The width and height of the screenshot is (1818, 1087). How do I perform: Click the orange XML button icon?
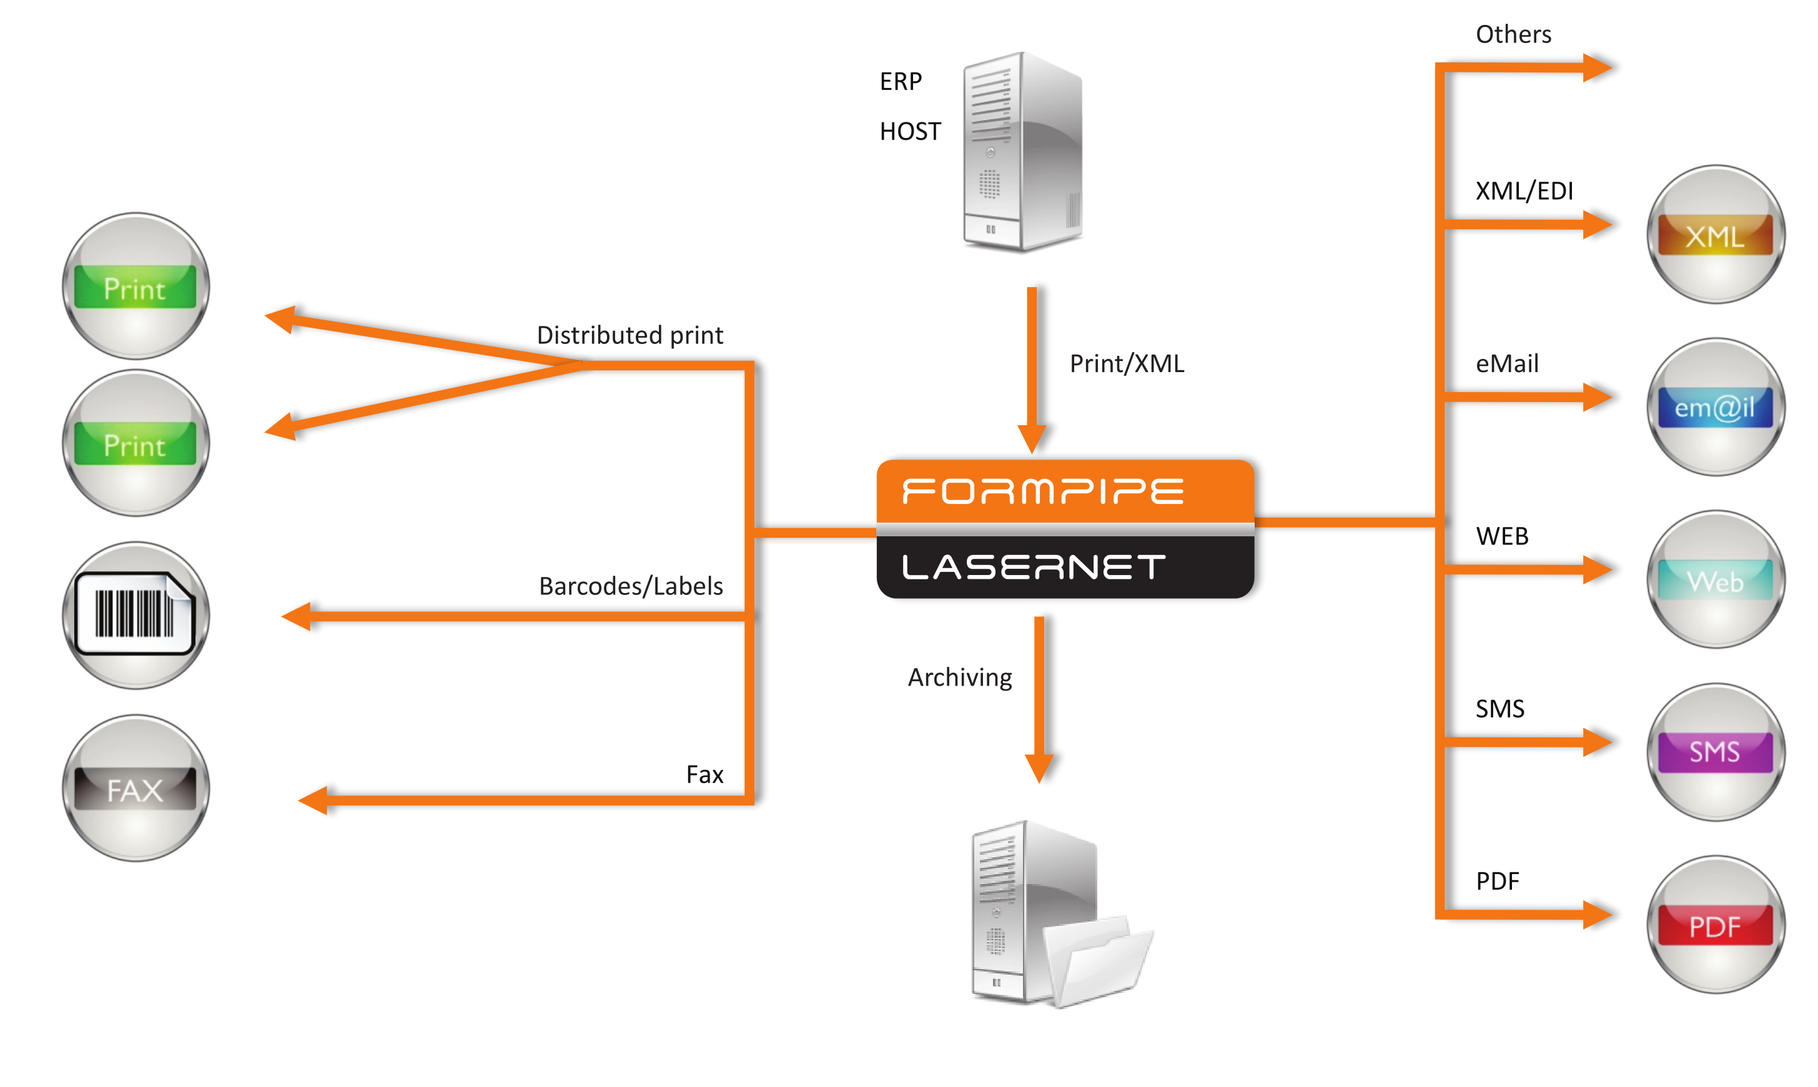(1715, 234)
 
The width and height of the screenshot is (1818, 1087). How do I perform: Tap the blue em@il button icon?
(1715, 407)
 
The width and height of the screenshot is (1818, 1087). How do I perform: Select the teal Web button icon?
(1715, 580)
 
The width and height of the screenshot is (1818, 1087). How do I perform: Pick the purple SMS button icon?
(1715, 752)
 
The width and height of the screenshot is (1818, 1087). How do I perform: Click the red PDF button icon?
(1715, 925)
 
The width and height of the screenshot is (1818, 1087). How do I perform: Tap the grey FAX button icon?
(136, 789)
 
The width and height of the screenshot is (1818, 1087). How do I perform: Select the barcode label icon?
(136, 614)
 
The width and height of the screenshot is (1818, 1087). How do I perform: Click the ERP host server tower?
(1023, 152)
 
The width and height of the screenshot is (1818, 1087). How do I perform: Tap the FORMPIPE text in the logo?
(1042, 491)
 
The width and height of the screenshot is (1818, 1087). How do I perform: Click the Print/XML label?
(1127, 363)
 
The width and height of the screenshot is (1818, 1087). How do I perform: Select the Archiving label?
(959, 677)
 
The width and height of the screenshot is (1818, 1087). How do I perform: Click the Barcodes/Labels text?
(631, 586)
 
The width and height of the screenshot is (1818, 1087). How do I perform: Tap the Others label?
(1513, 34)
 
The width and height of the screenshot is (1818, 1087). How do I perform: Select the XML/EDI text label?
(1524, 191)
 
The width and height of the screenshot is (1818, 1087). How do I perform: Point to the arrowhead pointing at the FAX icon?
(314, 800)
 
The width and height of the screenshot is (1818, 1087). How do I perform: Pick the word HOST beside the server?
(910, 132)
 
